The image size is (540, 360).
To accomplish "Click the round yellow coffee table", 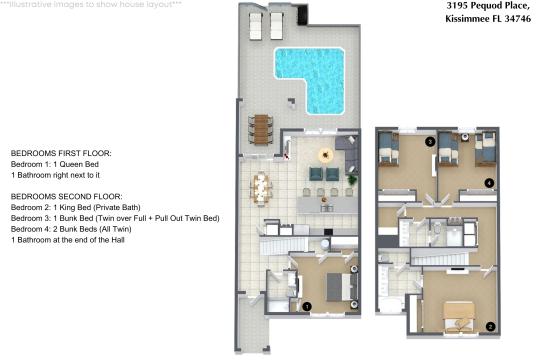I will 324,154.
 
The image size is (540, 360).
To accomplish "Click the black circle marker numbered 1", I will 308,305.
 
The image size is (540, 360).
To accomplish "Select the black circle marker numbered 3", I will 430,142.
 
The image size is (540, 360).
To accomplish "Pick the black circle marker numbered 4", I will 489,182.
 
